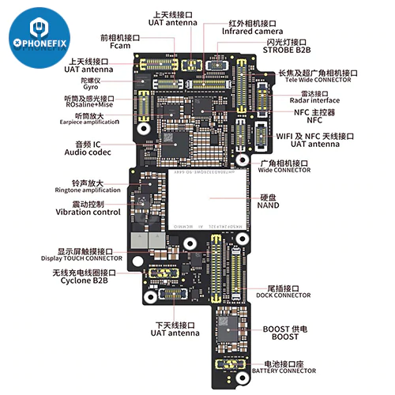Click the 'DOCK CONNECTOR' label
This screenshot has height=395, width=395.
tap(284, 295)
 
